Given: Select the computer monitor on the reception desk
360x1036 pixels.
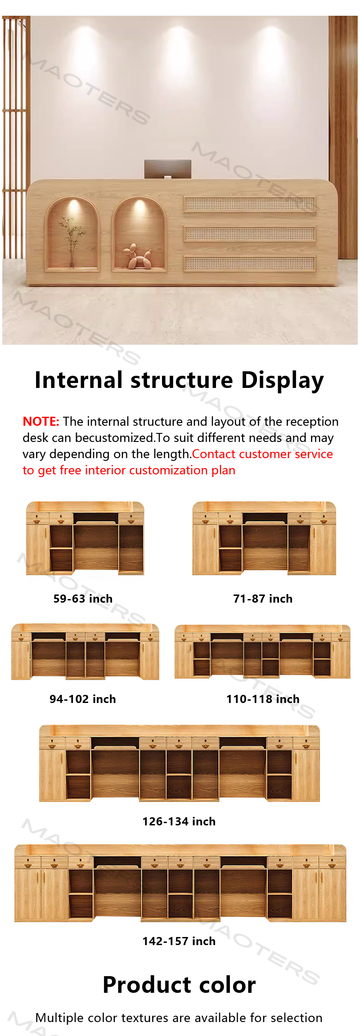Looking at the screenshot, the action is click(x=168, y=169).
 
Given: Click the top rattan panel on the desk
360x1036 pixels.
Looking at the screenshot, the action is click(x=250, y=204).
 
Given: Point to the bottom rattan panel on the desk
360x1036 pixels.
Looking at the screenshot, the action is click(x=250, y=263).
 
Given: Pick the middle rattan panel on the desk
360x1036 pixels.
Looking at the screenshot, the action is click(x=250, y=234).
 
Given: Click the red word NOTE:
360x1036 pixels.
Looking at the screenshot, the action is click(x=41, y=421).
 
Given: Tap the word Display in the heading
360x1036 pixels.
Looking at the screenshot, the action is click(x=283, y=380).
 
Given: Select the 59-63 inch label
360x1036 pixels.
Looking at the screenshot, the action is click(x=83, y=599).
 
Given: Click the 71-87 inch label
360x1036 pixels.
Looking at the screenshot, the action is click(x=263, y=599).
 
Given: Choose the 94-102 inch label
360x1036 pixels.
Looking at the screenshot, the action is click(x=83, y=699).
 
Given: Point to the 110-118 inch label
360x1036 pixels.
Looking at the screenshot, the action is click(x=263, y=699).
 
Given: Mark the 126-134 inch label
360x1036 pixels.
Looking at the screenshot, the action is click(x=179, y=821).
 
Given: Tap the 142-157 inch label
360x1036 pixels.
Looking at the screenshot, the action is click(x=179, y=941).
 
